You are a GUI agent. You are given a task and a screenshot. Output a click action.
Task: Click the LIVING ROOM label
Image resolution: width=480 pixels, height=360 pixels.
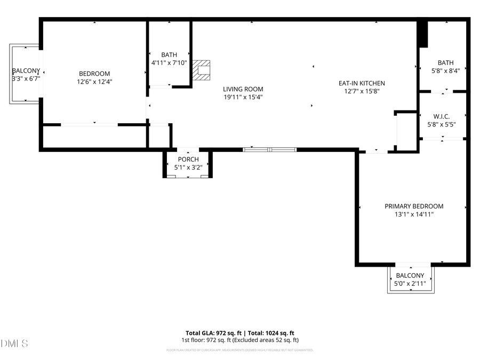pos(243,89)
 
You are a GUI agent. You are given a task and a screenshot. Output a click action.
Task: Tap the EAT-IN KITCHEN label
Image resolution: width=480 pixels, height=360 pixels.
pos(361,83)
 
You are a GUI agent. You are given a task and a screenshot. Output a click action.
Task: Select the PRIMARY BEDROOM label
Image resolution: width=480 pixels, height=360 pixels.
pos(414,206)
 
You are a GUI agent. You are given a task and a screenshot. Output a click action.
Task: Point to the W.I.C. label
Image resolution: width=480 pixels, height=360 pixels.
pos(442,116)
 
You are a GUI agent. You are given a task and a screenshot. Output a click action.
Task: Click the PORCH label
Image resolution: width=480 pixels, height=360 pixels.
pos(188,159)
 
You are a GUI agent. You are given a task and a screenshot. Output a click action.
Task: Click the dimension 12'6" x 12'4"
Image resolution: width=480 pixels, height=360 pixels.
pos(94,82)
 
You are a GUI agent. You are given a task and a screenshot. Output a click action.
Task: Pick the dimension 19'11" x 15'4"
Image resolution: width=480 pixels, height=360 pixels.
pos(243,97)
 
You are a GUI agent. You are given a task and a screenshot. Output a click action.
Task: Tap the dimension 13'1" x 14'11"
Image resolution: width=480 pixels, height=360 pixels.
pos(414,214)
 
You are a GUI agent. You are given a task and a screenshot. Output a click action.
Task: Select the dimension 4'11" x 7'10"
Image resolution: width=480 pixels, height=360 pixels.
pos(169,63)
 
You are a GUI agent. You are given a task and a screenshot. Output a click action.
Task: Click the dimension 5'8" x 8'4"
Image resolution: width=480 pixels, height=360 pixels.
pos(445,70)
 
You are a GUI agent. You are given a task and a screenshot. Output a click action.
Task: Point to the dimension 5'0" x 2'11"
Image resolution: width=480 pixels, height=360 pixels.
pos(410,284)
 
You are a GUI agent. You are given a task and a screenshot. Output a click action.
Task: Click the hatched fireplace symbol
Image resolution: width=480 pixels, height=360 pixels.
pos(202,70)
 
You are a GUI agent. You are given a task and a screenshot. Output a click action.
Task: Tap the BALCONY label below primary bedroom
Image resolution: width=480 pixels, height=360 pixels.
pos(410,276)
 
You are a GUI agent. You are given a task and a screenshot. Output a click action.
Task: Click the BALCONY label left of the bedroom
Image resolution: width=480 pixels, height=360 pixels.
pos(26,71)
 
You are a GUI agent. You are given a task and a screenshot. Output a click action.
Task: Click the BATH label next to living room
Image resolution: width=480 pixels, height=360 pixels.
pos(169,55)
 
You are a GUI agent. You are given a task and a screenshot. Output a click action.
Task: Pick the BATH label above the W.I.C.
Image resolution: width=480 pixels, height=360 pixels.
pos(445,62)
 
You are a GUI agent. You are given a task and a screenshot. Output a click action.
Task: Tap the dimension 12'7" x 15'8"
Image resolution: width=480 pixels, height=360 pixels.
pos(361,91)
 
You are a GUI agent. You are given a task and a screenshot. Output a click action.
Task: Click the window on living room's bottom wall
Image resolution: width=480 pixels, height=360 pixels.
pos(269,150)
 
